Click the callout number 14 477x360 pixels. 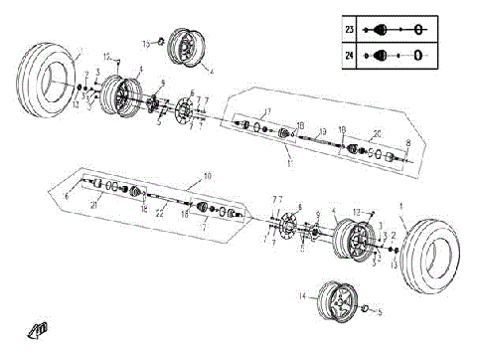(302, 296)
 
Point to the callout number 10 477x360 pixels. (207, 176)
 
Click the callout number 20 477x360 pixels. (377, 134)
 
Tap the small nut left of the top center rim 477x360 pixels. (158, 43)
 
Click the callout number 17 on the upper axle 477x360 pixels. (266, 110)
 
